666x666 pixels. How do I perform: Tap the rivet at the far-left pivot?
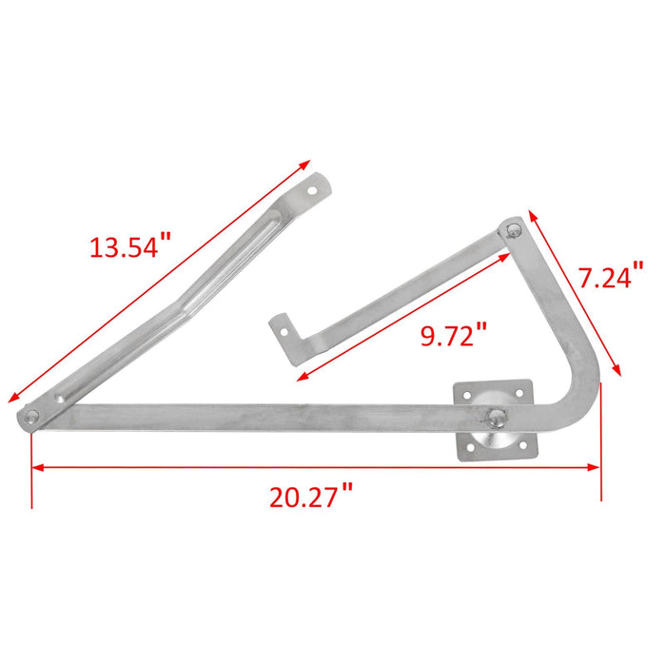coord(33,416)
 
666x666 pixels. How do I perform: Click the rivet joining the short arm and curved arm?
coord(514,229)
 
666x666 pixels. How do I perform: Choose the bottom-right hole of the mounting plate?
coord(526,444)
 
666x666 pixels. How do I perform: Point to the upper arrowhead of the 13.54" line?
coord(306,166)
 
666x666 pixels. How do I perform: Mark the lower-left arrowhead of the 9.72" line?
coord(303,377)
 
